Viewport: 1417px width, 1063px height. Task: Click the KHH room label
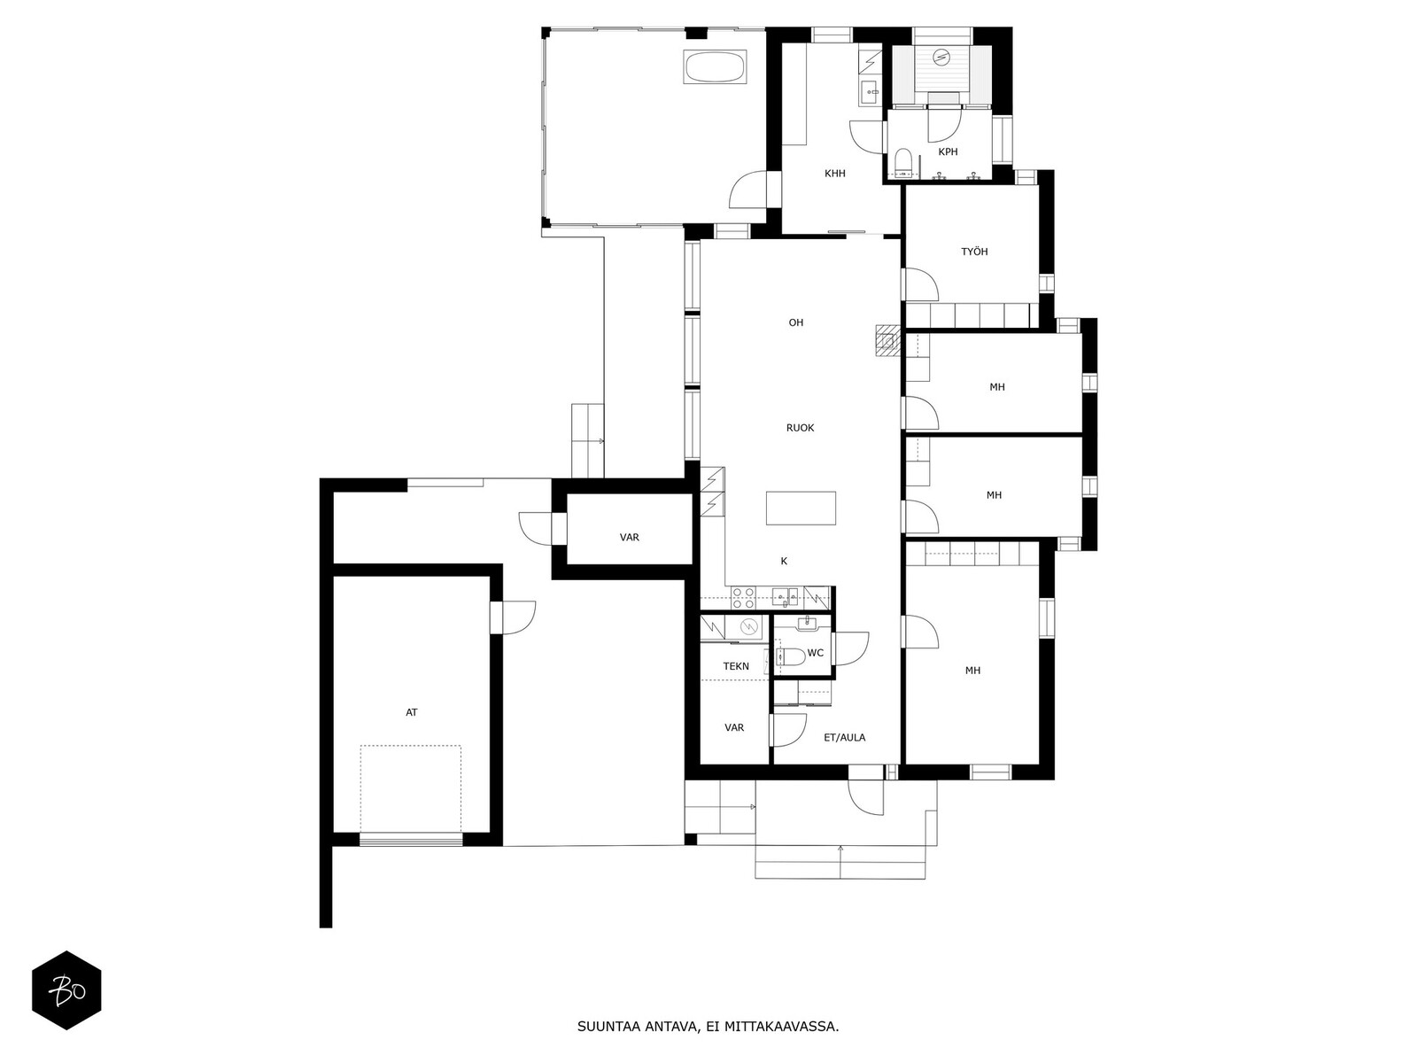click(x=834, y=174)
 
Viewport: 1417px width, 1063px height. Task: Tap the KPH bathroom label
click(x=948, y=152)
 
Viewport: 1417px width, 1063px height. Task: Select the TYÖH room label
click(x=974, y=252)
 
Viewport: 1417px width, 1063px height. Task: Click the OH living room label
click(x=795, y=322)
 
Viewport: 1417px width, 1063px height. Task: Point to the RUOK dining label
click(x=800, y=428)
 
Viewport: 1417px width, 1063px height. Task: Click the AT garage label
click(x=411, y=712)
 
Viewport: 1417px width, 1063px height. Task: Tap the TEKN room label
click(x=735, y=666)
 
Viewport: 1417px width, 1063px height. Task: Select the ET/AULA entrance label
click(x=844, y=737)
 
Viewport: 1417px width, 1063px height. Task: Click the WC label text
click(x=816, y=653)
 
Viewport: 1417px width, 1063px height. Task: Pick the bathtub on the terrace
click(x=714, y=67)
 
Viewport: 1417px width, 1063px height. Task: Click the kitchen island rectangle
click(x=801, y=508)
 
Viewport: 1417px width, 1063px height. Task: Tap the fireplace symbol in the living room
click(x=887, y=339)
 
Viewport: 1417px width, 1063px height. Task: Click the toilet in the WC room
click(x=790, y=656)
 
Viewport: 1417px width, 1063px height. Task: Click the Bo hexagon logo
click(x=66, y=989)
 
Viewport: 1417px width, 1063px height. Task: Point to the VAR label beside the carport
click(x=629, y=538)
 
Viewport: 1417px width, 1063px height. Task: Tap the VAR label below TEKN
click(x=733, y=727)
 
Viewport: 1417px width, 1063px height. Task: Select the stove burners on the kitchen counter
click(x=743, y=595)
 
